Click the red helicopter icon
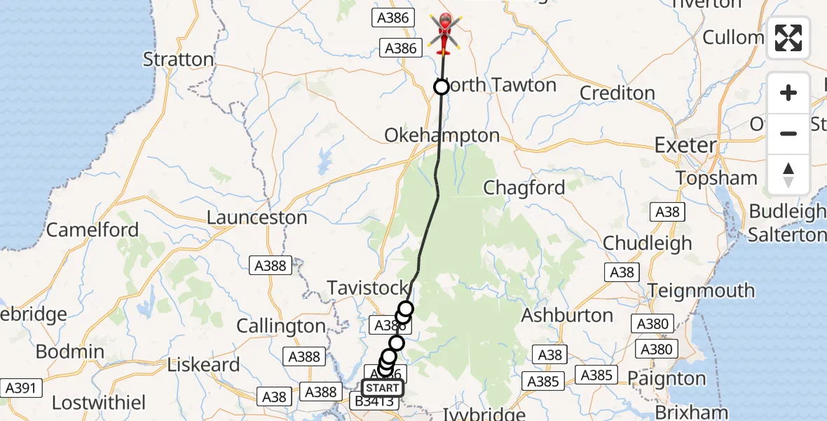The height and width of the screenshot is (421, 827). (x=444, y=33)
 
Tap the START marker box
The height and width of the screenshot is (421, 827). (x=383, y=388)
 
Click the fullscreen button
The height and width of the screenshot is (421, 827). (x=788, y=38)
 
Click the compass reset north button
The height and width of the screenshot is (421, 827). (x=788, y=174)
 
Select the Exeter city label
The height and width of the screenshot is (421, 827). (x=685, y=145)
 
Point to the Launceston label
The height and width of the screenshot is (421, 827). (x=257, y=218)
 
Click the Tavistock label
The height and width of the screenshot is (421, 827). (x=367, y=288)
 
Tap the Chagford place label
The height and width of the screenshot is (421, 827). (x=524, y=187)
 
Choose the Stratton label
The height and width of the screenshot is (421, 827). (x=178, y=59)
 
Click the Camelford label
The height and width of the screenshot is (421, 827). (x=93, y=229)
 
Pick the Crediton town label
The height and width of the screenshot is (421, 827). (x=617, y=93)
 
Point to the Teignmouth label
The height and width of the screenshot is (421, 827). (x=701, y=290)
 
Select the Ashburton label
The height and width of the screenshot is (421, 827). (x=567, y=315)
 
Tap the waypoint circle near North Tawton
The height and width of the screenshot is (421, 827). (x=442, y=87)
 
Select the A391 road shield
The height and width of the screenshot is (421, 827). (x=21, y=387)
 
